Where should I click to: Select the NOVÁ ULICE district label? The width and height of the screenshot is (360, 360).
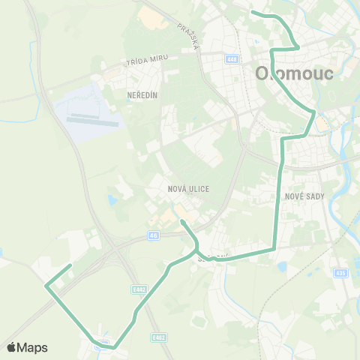(189, 189)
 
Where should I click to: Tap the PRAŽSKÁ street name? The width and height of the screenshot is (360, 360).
(187, 35)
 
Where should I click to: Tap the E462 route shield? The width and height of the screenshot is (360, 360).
(158, 337)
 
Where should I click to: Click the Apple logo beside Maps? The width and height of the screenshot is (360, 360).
(12, 347)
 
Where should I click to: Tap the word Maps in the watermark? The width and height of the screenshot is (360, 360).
(33, 347)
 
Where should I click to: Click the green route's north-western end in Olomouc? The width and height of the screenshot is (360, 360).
(252, 12)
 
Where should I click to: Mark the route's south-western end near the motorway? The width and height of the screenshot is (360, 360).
(70, 265)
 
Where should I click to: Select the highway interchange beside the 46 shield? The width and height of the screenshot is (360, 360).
(116, 247)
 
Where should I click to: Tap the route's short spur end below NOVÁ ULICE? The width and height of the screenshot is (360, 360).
(181, 222)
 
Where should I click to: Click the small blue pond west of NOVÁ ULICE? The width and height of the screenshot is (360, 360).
(112, 200)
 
